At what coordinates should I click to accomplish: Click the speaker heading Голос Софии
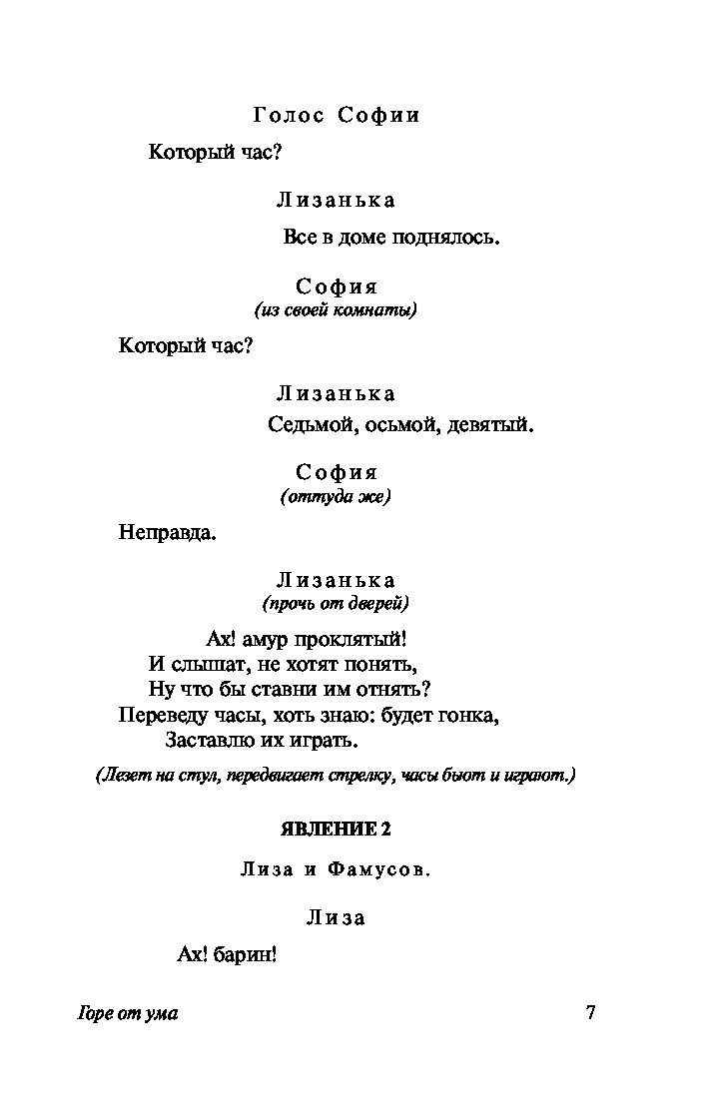pos(337,116)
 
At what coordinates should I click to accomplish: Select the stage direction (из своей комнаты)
pos(336,309)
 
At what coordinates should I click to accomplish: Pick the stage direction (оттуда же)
pos(336,496)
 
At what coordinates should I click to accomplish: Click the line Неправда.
pos(168,532)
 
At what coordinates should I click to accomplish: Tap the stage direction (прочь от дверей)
pos(336,603)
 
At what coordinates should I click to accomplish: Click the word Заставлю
pos(207,742)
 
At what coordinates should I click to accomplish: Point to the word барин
pos(246,955)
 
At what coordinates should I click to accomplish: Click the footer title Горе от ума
pos(127,1014)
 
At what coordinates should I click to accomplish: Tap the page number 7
pos(589,1013)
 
